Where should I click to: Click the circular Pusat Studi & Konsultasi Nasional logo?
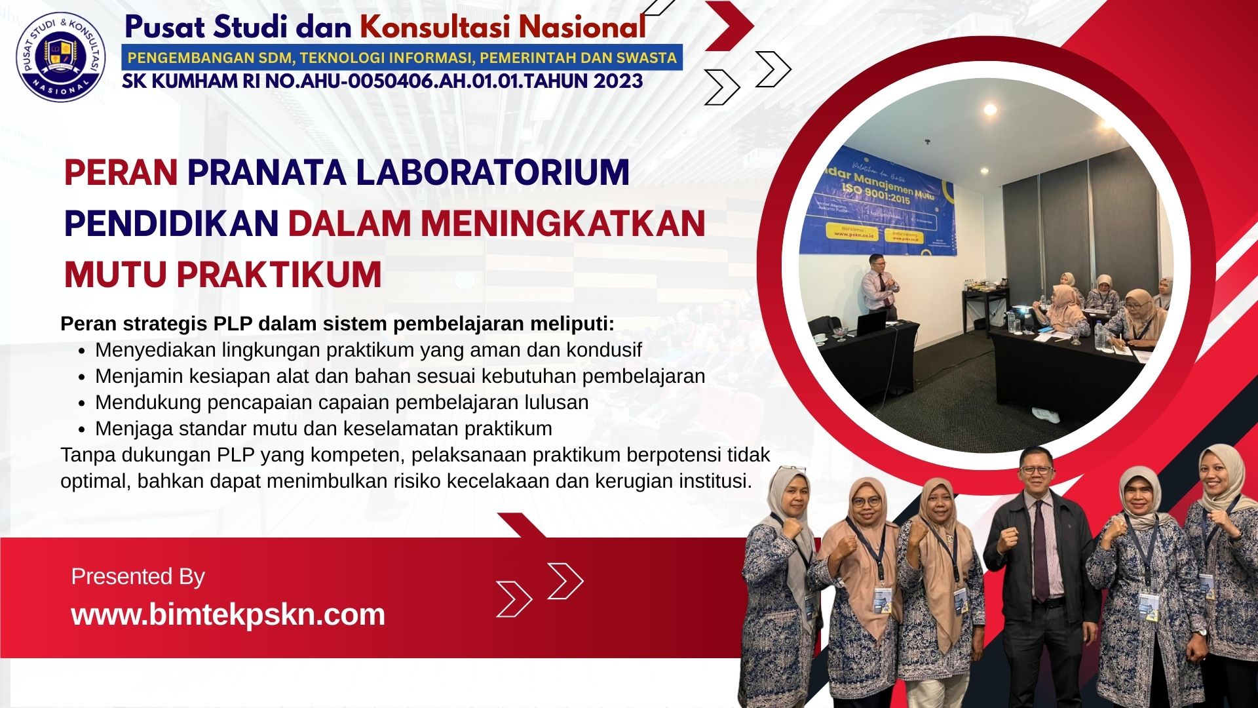61,59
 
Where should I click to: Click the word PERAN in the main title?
121,173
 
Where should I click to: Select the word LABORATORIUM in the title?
492,173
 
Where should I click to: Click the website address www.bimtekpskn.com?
228,615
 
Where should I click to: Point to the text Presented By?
138,577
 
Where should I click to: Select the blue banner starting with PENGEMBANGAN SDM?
402,58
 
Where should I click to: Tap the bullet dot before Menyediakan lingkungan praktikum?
81,351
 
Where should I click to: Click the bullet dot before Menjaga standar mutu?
81,430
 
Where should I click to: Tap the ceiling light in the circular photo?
991,110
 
